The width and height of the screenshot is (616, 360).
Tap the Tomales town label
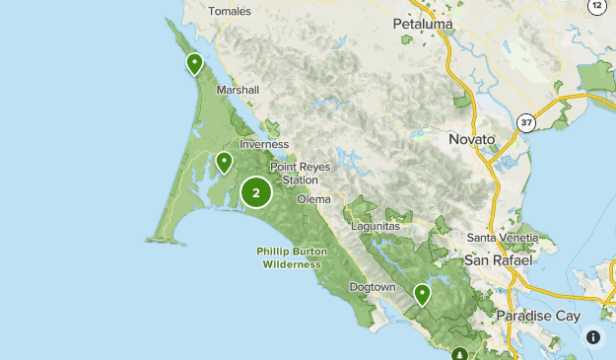click(x=231, y=11)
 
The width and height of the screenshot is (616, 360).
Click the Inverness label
click(x=264, y=144)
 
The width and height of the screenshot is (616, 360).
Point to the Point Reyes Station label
click(x=295, y=174)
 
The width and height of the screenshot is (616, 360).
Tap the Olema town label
click(x=314, y=199)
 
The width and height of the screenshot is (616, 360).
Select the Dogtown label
click(x=373, y=287)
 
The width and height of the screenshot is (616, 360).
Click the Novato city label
click(x=471, y=140)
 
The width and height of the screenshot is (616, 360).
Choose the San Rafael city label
click(x=498, y=260)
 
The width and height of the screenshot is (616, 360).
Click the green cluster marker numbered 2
click(x=256, y=192)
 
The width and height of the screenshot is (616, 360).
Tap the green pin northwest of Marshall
click(x=194, y=64)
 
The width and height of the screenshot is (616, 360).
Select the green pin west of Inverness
click(x=224, y=162)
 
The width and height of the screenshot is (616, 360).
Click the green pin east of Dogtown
click(x=422, y=293)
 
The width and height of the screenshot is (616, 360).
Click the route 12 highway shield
click(x=596, y=6)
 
